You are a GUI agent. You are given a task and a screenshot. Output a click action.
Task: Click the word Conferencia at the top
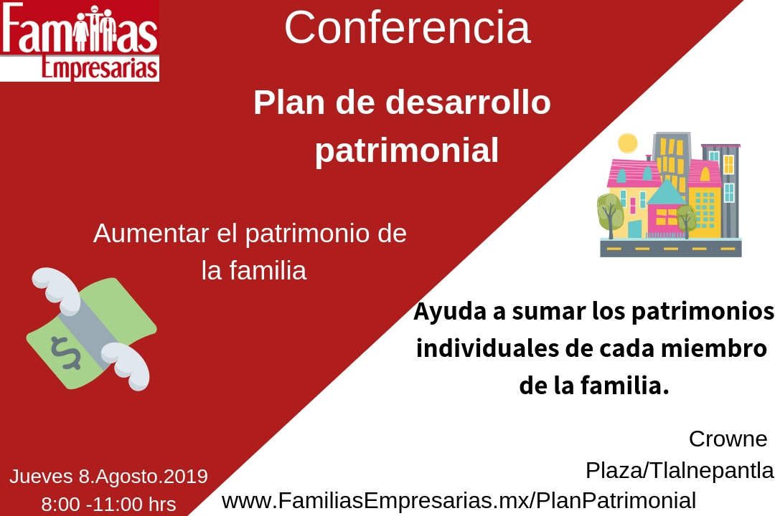(408, 28)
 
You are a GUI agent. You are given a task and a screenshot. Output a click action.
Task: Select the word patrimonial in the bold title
(407, 150)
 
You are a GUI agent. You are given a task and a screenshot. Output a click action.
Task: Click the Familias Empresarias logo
(80, 40)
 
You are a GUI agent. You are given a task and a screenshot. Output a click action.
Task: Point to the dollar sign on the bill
(65, 353)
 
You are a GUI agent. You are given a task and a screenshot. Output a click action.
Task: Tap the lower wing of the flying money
(126, 366)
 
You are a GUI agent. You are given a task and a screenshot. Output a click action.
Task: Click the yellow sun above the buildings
(628, 143)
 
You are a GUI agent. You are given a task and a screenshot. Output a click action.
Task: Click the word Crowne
(728, 439)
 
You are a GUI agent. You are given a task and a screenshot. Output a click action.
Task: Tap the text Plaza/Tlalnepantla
(680, 471)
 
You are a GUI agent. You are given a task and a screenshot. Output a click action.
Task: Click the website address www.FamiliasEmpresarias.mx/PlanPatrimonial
(459, 501)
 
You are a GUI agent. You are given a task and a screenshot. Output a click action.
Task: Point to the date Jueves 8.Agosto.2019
(109, 477)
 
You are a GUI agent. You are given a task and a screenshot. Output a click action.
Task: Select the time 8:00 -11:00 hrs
(109, 505)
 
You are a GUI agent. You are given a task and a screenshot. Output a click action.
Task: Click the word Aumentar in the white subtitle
(151, 233)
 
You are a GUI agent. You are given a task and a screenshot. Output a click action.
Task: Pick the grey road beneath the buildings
(671, 248)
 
